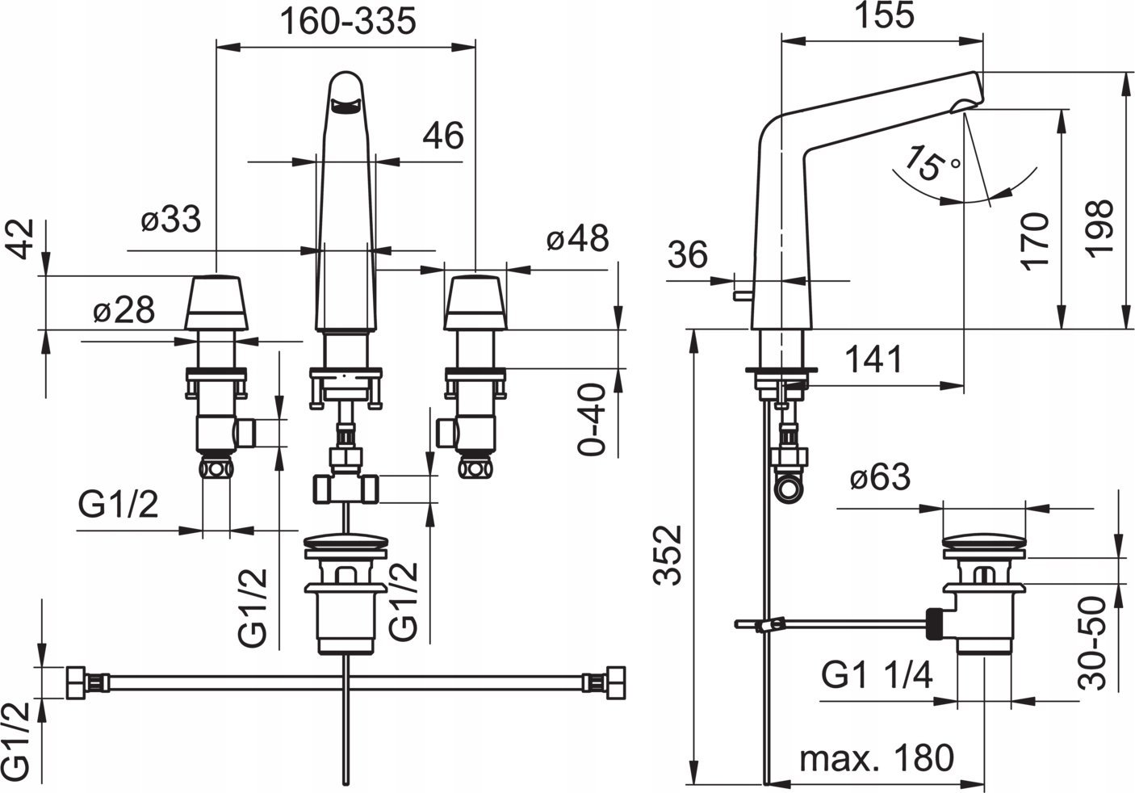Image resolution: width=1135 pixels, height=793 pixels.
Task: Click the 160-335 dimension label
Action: [348, 21]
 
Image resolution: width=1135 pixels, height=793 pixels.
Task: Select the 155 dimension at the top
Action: [884, 15]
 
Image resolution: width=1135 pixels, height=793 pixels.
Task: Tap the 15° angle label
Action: [932, 163]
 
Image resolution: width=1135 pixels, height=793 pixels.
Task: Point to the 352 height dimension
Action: [668, 556]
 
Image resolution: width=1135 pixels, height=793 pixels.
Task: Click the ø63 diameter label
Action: [880, 477]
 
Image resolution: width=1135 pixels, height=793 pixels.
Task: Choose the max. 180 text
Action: [877, 758]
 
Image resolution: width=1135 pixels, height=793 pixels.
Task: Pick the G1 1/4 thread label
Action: [877, 675]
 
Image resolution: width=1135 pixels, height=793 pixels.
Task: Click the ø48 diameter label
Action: [578, 237]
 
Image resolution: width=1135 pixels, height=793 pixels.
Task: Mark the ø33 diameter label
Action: [171, 220]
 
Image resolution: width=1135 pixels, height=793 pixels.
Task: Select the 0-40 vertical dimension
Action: [592, 420]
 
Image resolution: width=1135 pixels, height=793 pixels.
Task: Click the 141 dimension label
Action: [874, 359]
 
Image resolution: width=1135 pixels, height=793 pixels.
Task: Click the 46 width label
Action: [443, 136]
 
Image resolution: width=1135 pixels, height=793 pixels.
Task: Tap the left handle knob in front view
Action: [216, 303]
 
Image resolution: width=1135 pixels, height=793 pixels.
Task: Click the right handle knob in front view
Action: [475, 303]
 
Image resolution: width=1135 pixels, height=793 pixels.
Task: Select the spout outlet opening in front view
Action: [345, 106]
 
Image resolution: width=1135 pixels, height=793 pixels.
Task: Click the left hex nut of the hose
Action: [77, 682]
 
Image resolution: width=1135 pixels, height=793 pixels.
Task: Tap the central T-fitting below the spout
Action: [346, 489]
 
